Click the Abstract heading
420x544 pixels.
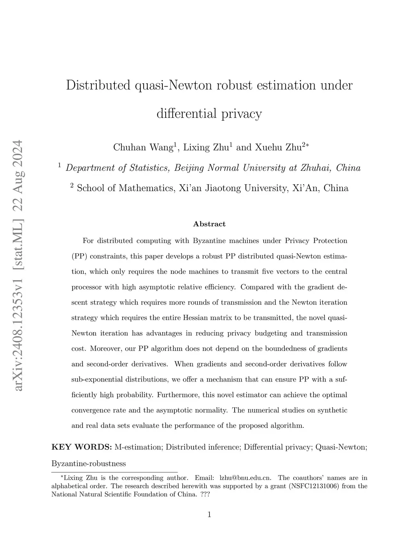[x=209, y=224]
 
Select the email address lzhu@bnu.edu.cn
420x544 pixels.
[x=245, y=477]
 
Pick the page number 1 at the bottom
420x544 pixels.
[x=209, y=514]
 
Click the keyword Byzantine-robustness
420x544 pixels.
[x=89, y=464]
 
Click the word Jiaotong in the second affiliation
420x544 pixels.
[x=223, y=188]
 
